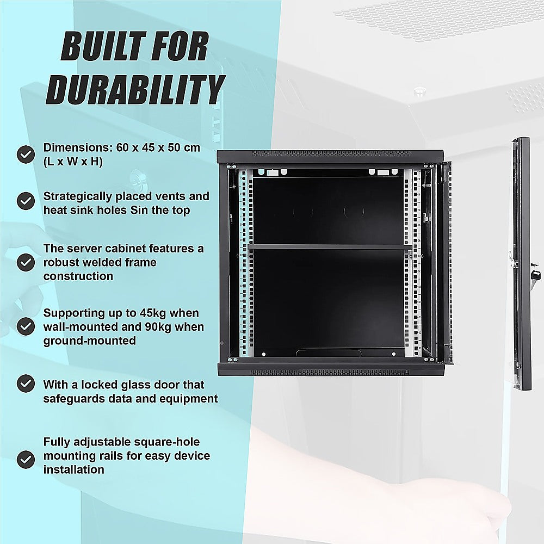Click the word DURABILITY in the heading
[136, 90]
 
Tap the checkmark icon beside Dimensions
[26, 154]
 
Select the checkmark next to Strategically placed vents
[26, 202]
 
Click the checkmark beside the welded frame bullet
[26, 262]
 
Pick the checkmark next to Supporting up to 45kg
[26, 326]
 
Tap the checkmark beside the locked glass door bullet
[26, 383]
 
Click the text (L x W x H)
[73, 162]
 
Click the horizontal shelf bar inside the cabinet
[329, 247]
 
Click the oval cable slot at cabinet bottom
[329, 353]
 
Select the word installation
[74, 469]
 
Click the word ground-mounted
[90, 341]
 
